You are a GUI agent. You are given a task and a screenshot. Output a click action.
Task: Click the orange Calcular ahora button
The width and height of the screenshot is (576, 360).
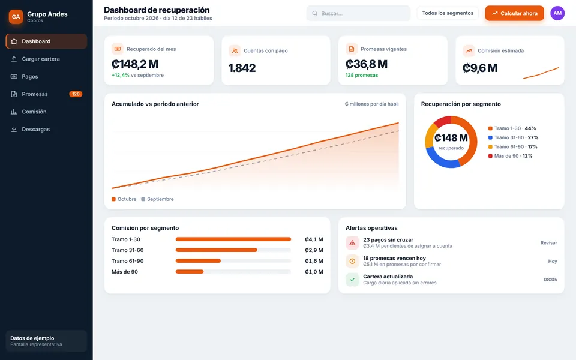(514, 13)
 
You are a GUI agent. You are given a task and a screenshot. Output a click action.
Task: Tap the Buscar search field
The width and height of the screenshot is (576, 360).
(358, 13)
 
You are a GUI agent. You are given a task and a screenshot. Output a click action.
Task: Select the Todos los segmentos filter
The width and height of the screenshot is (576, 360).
(448, 13)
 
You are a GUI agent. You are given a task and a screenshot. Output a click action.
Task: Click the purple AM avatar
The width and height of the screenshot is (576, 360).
(557, 13)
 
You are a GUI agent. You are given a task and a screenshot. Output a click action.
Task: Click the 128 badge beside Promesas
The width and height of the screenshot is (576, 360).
(76, 94)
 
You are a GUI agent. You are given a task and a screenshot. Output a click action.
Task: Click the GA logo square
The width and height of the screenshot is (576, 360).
(16, 17)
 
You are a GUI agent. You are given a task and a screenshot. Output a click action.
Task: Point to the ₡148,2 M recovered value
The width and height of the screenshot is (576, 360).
(135, 64)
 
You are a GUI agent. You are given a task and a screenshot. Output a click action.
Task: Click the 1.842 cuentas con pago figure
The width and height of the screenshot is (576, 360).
(242, 68)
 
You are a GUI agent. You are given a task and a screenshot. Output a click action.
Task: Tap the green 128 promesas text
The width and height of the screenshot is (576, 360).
(361, 75)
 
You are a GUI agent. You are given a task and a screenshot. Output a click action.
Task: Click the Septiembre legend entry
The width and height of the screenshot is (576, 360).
(158, 199)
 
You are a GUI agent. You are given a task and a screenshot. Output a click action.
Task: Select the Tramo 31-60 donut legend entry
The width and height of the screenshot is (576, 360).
(513, 137)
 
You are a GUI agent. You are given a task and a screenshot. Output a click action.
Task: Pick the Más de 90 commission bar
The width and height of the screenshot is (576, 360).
(190, 272)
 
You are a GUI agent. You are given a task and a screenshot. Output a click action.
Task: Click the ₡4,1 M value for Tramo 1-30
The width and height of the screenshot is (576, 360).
(314, 239)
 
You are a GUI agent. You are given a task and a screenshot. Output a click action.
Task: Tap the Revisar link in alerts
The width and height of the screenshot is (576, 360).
(549, 243)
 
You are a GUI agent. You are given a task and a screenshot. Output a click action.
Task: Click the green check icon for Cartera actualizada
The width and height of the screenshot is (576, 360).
(352, 280)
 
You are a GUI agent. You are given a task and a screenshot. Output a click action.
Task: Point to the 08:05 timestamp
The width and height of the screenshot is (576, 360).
(550, 280)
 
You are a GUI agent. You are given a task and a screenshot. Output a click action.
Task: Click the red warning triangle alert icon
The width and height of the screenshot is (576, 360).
(352, 243)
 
